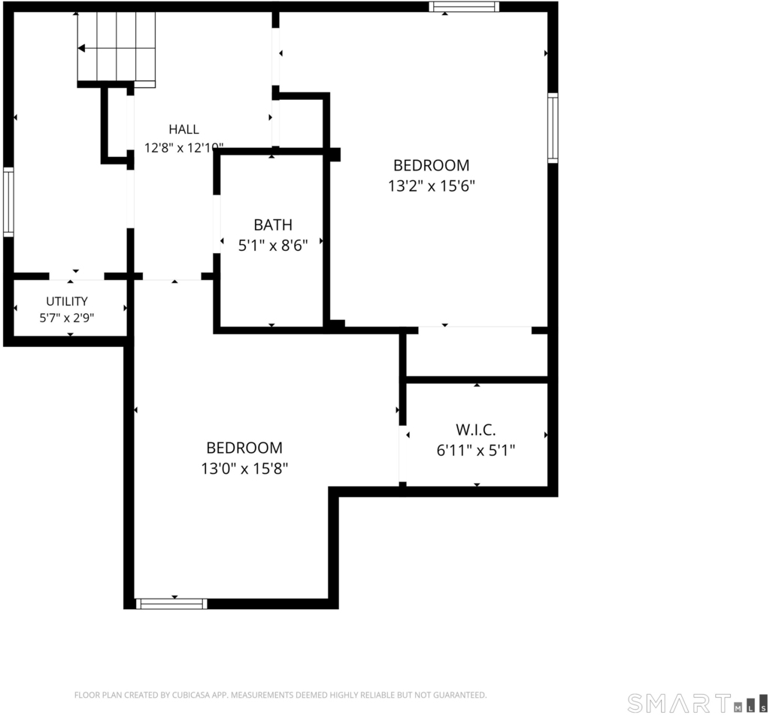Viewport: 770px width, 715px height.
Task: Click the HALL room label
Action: pyautogui.click(x=183, y=129)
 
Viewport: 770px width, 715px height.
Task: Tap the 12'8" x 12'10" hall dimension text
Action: pyautogui.click(x=183, y=148)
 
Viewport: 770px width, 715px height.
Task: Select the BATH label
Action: pyautogui.click(x=273, y=225)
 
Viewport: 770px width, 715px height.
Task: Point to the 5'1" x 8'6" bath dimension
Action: pyautogui.click(x=273, y=245)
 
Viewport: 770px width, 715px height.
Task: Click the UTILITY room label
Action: pyautogui.click(x=67, y=301)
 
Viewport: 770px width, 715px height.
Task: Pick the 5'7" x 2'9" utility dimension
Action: pyautogui.click(x=67, y=318)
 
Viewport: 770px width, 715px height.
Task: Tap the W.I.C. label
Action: pyautogui.click(x=476, y=430)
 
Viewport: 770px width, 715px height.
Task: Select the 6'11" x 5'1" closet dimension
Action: pyautogui.click(x=476, y=450)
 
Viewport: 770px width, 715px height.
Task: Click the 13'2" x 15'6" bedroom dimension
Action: pyautogui.click(x=432, y=186)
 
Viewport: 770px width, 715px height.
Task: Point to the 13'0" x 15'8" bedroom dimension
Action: pyautogui.click(x=244, y=469)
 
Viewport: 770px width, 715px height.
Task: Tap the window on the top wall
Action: pyautogui.click(x=464, y=7)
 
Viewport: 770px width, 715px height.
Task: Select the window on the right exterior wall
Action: pyautogui.click(x=553, y=128)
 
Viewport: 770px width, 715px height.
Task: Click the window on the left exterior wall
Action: pyautogui.click(x=8, y=202)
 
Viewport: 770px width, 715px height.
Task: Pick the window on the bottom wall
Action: pyautogui.click(x=171, y=604)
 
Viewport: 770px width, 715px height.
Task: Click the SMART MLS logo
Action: pyautogui.click(x=697, y=703)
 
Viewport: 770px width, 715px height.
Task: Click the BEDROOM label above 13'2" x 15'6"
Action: pyautogui.click(x=432, y=166)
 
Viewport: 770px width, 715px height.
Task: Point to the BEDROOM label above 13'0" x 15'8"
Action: pyautogui.click(x=244, y=448)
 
